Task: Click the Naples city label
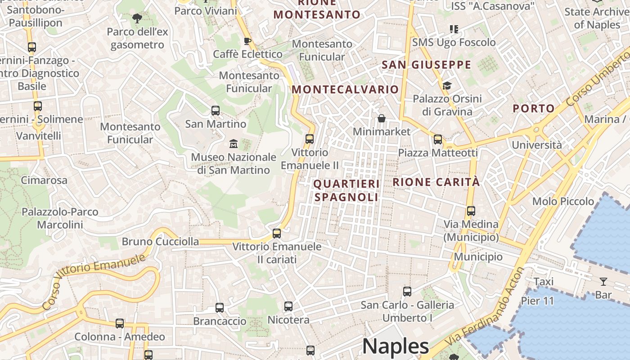tap(396, 346)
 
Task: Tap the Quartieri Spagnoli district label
tap(346, 190)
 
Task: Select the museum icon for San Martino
tap(234, 144)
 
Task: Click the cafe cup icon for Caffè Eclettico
tap(247, 41)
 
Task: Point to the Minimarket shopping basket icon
tap(382, 118)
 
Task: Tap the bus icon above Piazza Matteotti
tap(437, 139)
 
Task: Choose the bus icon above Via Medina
tap(471, 211)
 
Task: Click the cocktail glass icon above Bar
tap(603, 282)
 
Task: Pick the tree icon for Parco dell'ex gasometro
tap(137, 18)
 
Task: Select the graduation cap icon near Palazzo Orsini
tap(447, 85)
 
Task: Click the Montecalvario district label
tap(345, 89)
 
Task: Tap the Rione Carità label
tap(436, 182)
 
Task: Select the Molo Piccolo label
tap(563, 201)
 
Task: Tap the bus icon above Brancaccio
tap(219, 308)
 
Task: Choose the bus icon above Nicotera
tap(288, 306)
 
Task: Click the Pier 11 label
tap(537, 301)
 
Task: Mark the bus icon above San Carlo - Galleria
tap(407, 292)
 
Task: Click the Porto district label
tap(534, 108)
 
